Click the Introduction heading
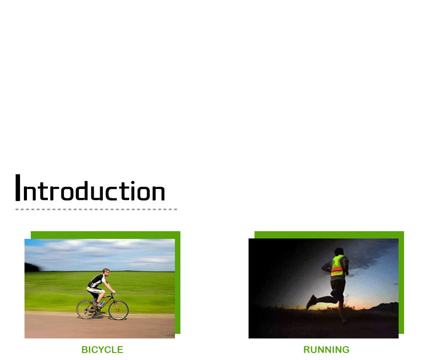(x=90, y=187)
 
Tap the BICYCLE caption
(x=102, y=350)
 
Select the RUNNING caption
(x=326, y=350)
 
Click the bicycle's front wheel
(x=118, y=310)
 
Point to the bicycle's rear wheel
(x=86, y=310)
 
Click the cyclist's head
(x=106, y=272)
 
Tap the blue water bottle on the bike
(x=103, y=303)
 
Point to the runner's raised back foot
(x=311, y=302)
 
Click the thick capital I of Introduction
(x=18, y=187)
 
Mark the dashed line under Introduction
(x=96, y=209)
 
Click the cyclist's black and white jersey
(x=97, y=281)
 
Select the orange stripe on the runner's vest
(x=337, y=270)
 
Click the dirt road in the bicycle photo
(x=100, y=326)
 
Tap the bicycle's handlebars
(x=112, y=293)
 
